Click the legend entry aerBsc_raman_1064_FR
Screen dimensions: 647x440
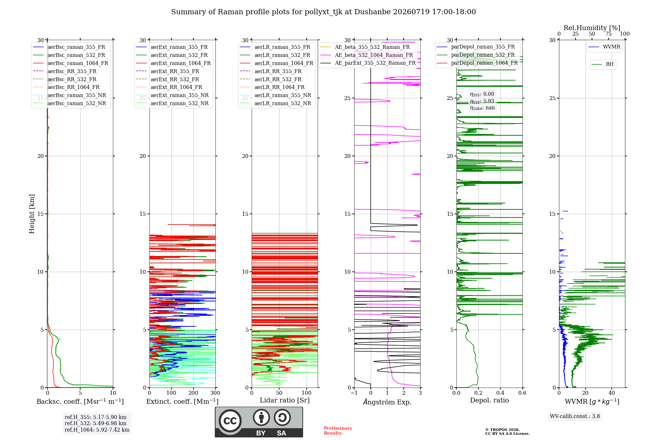[x=71, y=63]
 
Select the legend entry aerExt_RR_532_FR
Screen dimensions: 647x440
[x=168, y=79]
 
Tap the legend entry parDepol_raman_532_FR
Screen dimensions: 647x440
[x=476, y=55]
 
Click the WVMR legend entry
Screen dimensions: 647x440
[x=605, y=47]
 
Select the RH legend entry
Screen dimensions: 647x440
[x=603, y=64]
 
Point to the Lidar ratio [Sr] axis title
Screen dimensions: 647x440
[x=285, y=401]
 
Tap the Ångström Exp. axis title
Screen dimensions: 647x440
[x=387, y=402]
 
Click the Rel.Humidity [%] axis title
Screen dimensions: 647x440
[x=592, y=28]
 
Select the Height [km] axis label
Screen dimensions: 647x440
[x=32, y=214]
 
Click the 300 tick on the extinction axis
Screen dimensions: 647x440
[x=215, y=393]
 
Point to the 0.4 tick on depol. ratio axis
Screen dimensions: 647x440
[x=500, y=393]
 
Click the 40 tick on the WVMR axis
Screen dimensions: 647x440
[x=612, y=393]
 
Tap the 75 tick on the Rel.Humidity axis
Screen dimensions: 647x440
[x=609, y=34]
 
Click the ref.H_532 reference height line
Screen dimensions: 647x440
[x=95, y=423]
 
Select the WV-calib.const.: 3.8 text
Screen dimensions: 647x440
[x=575, y=416]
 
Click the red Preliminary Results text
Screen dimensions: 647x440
[x=338, y=431]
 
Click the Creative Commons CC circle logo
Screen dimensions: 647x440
[x=230, y=421]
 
